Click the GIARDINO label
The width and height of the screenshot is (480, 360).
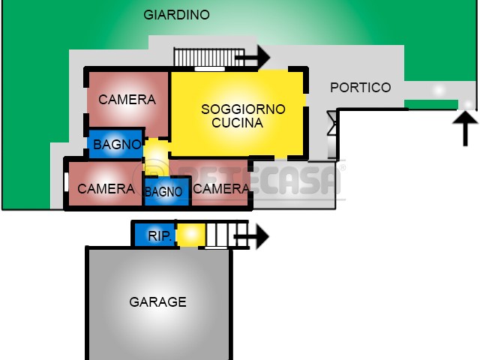click(x=177, y=15)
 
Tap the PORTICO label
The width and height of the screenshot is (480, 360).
click(x=361, y=88)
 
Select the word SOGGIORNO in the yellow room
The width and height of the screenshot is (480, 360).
click(x=243, y=109)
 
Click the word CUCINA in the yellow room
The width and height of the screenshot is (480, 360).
click(x=238, y=123)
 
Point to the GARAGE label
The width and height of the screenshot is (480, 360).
click(x=158, y=301)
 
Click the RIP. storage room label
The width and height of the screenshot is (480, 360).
click(x=160, y=235)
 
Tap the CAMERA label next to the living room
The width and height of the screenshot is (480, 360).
click(x=127, y=100)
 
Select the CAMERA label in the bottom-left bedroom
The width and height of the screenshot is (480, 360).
click(x=106, y=189)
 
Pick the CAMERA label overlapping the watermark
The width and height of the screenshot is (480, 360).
click(x=221, y=188)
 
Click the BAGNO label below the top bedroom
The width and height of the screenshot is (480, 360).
click(x=117, y=145)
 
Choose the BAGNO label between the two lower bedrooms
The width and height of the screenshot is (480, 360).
click(x=163, y=192)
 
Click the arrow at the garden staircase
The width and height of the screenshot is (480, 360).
click(x=253, y=57)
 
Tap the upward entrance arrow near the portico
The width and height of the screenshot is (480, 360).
click(x=465, y=128)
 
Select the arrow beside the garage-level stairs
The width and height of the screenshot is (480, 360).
click(x=251, y=237)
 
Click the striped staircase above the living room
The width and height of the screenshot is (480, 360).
click(x=209, y=57)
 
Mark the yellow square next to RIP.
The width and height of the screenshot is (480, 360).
click(x=191, y=235)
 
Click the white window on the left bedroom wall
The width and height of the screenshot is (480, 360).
click(x=67, y=182)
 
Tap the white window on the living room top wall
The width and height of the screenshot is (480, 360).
click(x=210, y=69)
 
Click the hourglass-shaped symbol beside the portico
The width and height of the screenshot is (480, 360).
click(x=331, y=123)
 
